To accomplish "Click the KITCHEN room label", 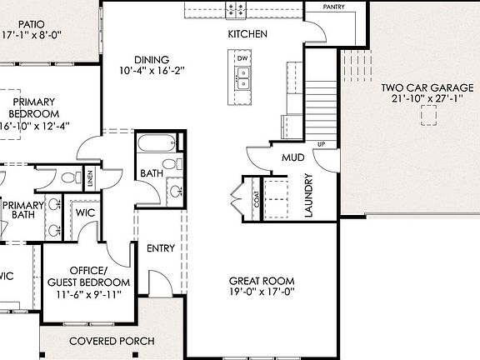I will click(x=247, y=34).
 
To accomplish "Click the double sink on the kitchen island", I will click(x=243, y=80).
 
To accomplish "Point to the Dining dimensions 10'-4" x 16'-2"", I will click(x=150, y=71).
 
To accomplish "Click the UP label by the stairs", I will click(x=321, y=144).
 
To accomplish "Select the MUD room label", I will click(x=292, y=157).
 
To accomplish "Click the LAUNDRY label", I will click(x=308, y=196).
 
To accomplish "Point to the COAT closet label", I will click(x=255, y=200).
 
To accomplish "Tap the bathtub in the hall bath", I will click(x=158, y=143).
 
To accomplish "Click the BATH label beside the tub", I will click(x=151, y=173).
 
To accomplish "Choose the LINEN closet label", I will click(x=89, y=177).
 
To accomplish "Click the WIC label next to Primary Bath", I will click(x=85, y=212).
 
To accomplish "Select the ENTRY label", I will click(x=160, y=248).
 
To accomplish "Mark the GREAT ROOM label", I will click(x=261, y=281).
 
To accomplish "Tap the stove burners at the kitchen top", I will click(x=236, y=9).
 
